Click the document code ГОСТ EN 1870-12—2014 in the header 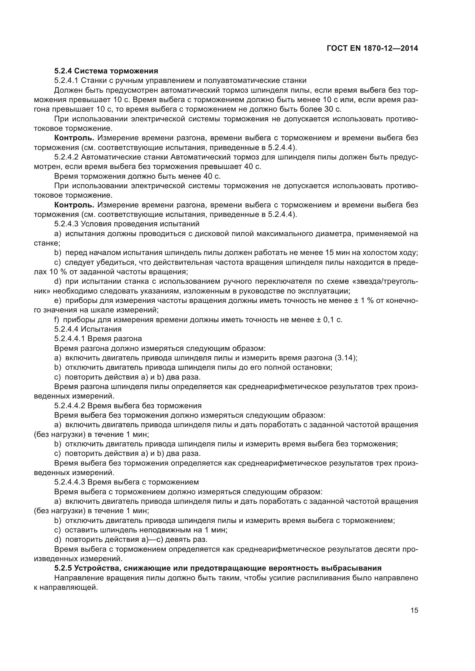click(x=372, y=48)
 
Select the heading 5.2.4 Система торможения click(x=106, y=71)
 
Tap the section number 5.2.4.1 click(x=66, y=80)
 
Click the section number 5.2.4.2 click(x=66, y=157)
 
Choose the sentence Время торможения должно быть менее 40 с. click(x=138, y=176)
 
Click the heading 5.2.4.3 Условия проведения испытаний click(x=127, y=224)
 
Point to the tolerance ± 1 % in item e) click(x=364, y=301)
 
